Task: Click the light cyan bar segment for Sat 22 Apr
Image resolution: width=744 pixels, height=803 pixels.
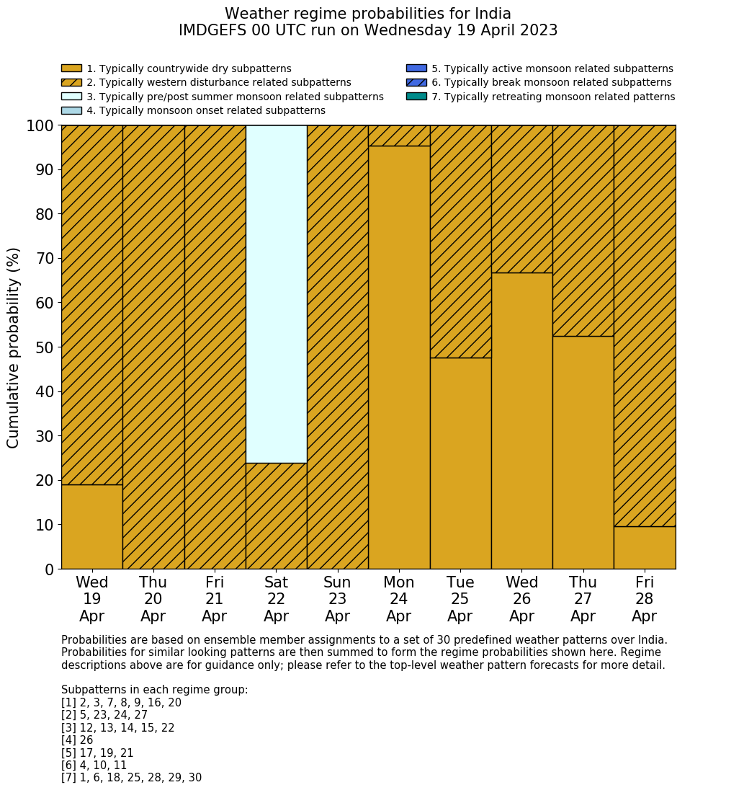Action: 276,293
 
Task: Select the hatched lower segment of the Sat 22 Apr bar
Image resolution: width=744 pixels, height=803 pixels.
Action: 276,515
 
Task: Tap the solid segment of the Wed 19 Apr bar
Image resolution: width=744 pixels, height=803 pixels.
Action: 91,526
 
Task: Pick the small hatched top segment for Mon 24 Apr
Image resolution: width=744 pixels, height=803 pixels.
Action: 399,136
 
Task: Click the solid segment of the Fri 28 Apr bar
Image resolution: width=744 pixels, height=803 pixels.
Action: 645,547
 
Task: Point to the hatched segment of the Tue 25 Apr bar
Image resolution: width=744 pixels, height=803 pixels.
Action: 460,241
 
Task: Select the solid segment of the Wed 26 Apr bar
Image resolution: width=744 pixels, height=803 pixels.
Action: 521,420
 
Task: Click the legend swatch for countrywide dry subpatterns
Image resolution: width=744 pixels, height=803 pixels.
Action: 71,68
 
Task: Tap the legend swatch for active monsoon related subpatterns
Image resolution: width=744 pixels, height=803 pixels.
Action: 416,68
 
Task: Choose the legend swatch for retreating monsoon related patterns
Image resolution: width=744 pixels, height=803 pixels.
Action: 416,97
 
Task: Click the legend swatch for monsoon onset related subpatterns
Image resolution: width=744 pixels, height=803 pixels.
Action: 71,110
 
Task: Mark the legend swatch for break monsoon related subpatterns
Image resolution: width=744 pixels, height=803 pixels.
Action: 416,83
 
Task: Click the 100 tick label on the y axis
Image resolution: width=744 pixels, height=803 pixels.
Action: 40,125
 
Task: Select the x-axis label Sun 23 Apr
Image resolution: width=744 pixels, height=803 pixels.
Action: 337,599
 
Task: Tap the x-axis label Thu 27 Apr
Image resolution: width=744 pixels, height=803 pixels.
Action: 583,599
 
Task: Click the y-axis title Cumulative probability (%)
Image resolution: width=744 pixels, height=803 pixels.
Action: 14,347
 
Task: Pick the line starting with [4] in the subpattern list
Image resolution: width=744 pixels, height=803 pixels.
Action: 77,740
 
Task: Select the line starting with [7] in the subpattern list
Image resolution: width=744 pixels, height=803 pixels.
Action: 131,778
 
